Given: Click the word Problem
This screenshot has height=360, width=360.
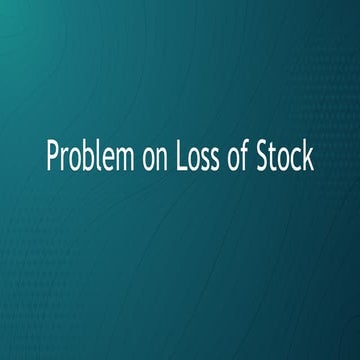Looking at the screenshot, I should (86, 157).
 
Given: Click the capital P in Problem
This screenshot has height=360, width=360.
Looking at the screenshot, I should (52, 157).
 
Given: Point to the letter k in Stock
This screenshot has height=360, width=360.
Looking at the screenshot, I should (310, 157).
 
